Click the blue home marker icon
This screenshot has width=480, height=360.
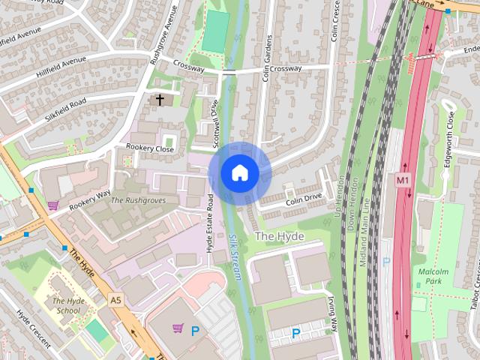(x=239, y=172)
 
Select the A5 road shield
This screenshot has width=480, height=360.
(x=115, y=300)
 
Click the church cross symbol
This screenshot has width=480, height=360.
(x=159, y=99)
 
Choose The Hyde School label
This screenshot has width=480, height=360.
(x=67, y=305)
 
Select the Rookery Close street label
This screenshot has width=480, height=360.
(x=150, y=148)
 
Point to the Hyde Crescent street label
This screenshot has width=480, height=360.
(x=34, y=329)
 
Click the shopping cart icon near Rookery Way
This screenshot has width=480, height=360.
(x=52, y=205)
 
